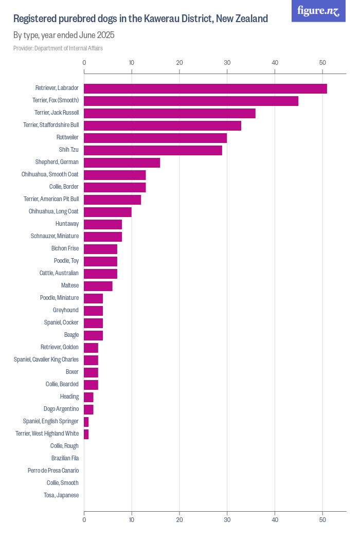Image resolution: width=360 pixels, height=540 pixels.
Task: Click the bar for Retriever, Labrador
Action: [x=205, y=88]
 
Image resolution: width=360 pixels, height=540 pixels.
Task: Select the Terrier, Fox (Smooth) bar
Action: [x=191, y=101]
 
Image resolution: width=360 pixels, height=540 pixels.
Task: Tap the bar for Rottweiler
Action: [x=155, y=138]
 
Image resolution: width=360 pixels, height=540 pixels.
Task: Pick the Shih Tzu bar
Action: [x=153, y=150]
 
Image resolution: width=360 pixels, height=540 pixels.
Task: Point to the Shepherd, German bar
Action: [x=122, y=163]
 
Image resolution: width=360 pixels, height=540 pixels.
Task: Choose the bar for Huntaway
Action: [x=103, y=224]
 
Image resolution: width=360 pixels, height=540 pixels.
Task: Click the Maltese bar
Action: [x=98, y=286]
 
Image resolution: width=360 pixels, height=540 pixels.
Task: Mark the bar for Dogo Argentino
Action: [x=88, y=409]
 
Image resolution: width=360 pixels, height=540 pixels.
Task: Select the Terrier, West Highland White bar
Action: [x=86, y=434]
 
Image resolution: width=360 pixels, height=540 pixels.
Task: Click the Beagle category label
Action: [x=71, y=335]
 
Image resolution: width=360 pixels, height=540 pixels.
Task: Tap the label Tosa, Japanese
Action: [x=61, y=495]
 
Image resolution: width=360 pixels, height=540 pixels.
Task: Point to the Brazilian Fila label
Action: [x=65, y=458]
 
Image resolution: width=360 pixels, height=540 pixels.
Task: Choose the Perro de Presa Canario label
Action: [x=53, y=471]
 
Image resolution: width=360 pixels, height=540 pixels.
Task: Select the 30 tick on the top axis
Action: [x=227, y=63]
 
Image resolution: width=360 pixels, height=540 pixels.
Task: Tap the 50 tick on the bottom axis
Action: [x=322, y=520]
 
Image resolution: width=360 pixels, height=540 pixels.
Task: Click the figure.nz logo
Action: [x=318, y=11]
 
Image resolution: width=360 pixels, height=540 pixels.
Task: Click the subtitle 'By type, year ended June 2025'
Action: [x=64, y=35]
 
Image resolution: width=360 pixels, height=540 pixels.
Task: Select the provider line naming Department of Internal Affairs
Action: [x=58, y=48]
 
